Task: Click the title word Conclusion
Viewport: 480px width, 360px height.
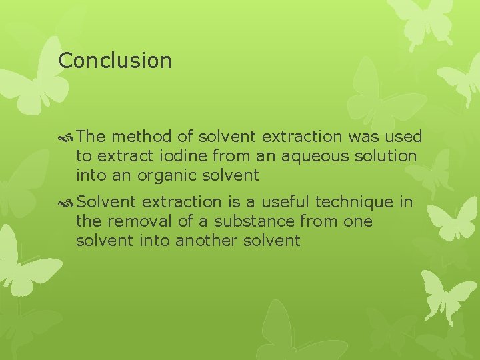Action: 115,61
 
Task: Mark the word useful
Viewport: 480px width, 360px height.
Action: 285,201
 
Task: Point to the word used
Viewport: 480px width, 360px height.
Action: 404,137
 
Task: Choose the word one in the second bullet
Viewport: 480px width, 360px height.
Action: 359,221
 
